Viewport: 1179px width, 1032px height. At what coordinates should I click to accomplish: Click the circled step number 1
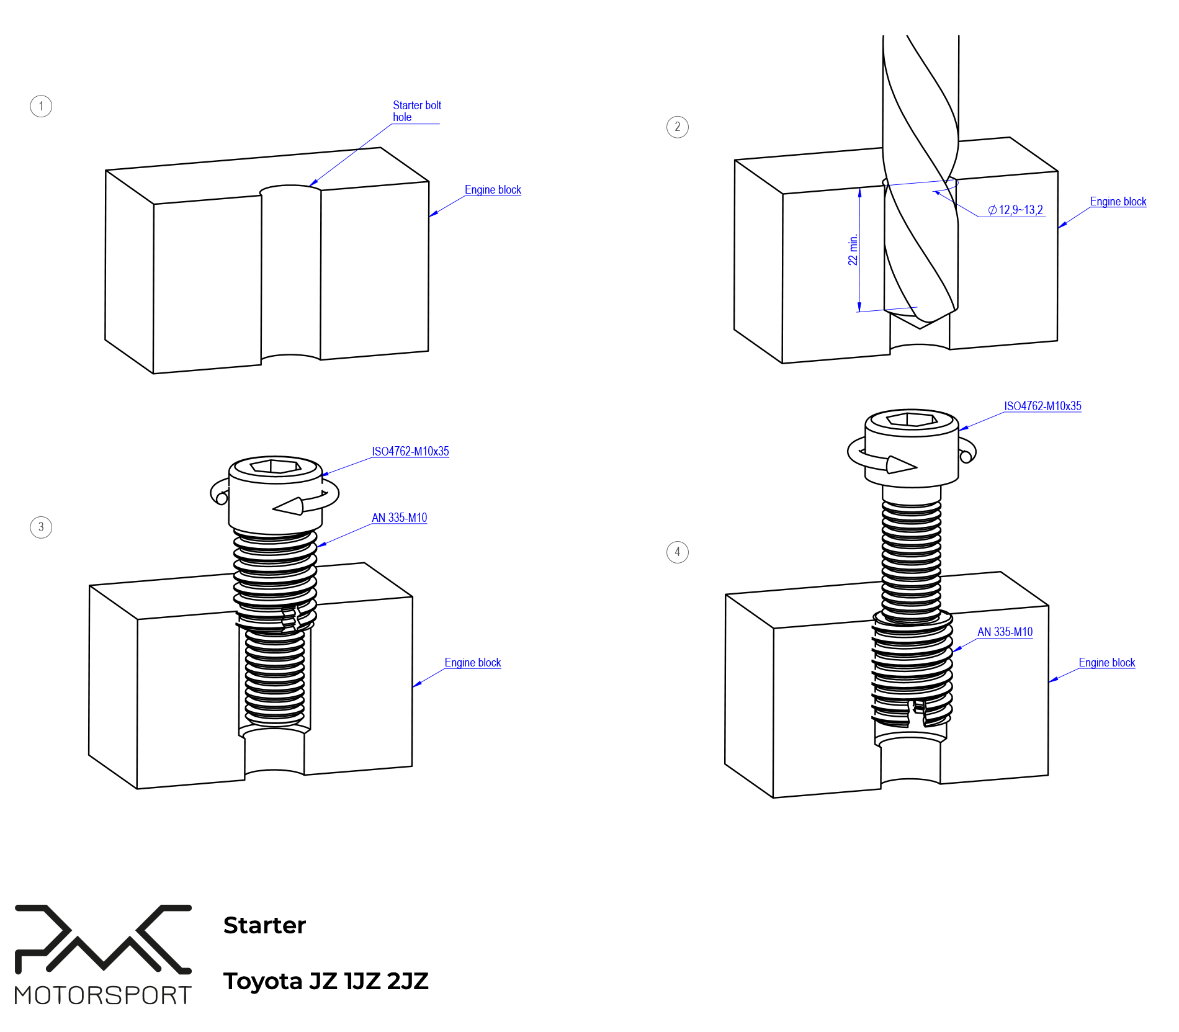coord(41,106)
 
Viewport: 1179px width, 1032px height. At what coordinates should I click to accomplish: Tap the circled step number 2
coord(677,127)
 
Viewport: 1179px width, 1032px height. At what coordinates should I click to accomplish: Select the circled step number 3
coord(41,527)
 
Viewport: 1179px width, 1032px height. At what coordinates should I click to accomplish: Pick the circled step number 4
coord(677,552)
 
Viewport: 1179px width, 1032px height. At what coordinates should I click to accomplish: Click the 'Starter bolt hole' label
coord(416,111)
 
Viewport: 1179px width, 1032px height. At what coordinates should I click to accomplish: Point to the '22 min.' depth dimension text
coord(853,249)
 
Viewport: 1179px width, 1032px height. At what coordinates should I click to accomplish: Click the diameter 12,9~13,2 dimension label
coord(1015,210)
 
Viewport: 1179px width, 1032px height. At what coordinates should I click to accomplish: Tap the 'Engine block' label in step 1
coord(493,190)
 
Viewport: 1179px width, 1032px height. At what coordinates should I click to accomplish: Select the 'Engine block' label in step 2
coord(1118,202)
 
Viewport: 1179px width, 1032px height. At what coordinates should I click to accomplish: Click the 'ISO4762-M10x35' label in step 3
coord(410,452)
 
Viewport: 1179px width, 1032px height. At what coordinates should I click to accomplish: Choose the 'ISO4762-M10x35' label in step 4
coord(1042,406)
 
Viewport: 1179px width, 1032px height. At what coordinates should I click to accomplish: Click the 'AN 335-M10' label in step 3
coord(399,518)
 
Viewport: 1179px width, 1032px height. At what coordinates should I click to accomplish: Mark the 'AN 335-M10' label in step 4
coord(1005,632)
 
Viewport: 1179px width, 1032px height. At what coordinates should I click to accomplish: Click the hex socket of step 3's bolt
coord(276,465)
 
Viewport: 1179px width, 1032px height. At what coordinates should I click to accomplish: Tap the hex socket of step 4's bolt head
coord(912,420)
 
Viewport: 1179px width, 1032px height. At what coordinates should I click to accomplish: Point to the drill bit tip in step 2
coord(921,322)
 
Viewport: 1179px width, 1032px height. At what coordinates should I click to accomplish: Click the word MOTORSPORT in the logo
coord(103,995)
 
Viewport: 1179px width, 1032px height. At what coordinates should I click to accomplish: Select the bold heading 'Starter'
coord(264,925)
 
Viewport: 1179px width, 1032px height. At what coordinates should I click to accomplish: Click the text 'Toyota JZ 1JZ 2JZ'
coord(326,981)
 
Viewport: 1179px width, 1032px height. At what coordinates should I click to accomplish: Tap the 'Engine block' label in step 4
coord(1106,663)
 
